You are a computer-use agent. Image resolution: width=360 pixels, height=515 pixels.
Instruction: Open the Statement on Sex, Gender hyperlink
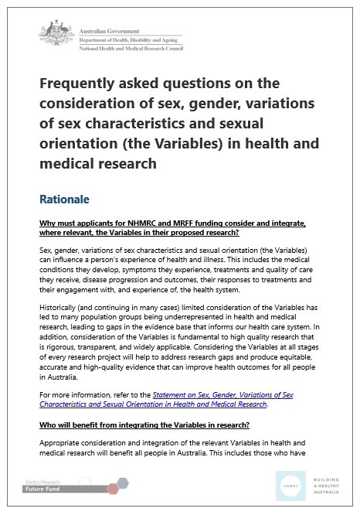(209, 394)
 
